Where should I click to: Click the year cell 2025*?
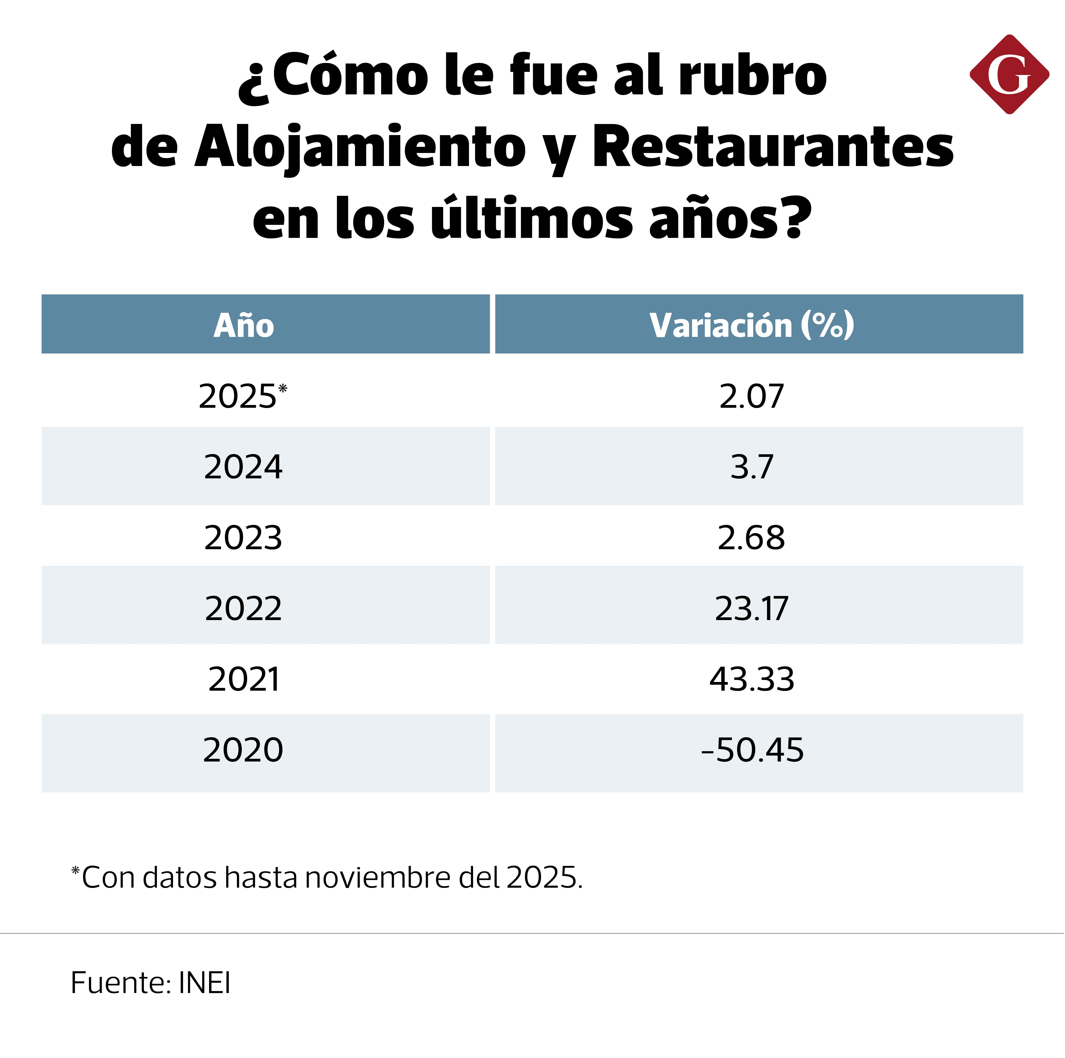coord(243,396)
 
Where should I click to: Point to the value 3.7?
coord(752,467)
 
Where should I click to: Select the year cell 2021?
coord(244,679)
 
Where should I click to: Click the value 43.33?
coord(752,679)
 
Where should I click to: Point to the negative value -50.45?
coord(752,750)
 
